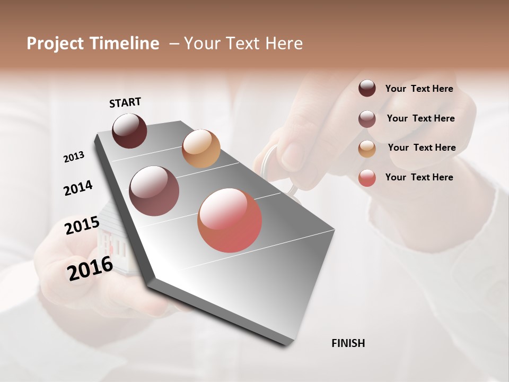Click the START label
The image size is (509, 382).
coord(125,102)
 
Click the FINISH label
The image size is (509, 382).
coord(348,343)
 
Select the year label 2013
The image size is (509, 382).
coord(74,157)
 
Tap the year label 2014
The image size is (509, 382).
coord(78,188)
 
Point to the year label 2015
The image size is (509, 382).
coord(82,225)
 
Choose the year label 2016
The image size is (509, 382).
coord(90,268)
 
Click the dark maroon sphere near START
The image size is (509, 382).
coord(129,131)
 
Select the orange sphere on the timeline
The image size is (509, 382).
coord(201,149)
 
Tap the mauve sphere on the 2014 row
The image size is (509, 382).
coord(154,191)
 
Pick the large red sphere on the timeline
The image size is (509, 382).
coord(230,220)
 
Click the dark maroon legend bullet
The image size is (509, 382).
coord(367,89)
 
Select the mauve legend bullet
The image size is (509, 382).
coord(367,119)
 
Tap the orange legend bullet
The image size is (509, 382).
coord(367,149)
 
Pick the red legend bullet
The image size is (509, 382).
coord(367,178)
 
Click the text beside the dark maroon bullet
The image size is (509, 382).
coord(419,89)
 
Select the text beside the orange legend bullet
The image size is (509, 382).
coord(422,147)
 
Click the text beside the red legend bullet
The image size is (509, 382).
coord(419,177)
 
